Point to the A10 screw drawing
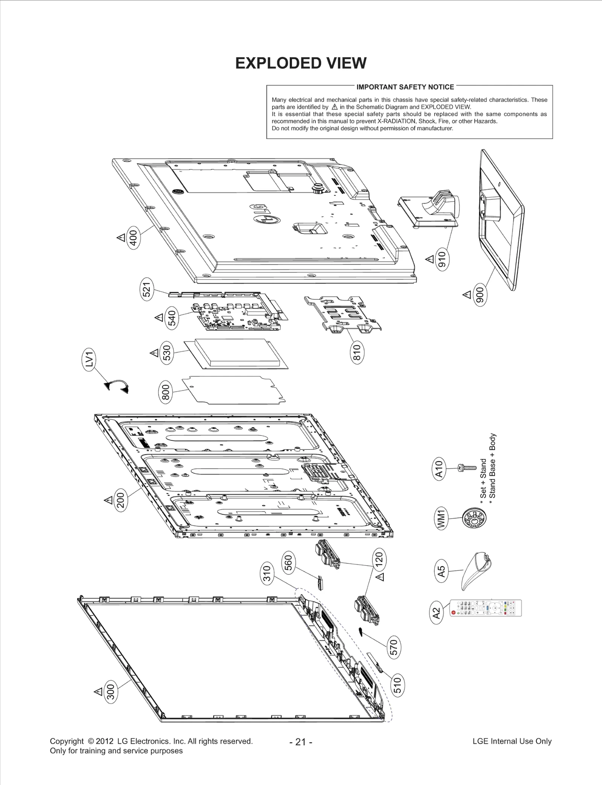click(466, 468)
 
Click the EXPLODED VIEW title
click(301, 63)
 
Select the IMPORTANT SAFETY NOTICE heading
click(405, 87)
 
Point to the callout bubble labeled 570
click(394, 647)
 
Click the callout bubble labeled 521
click(147, 290)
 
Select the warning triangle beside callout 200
click(108, 500)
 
